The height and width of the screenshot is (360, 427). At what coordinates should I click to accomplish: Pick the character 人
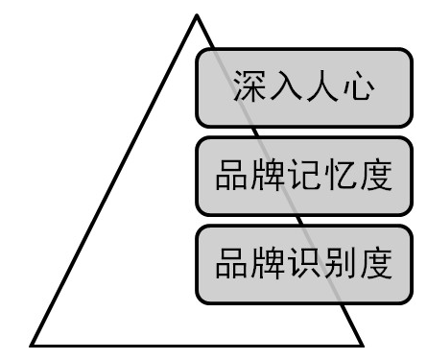(322, 87)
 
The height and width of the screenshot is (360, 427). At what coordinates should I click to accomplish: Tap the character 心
(359, 87)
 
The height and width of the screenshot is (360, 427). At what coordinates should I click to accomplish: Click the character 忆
(339, 177)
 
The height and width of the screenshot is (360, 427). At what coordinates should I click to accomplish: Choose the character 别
(339, 263)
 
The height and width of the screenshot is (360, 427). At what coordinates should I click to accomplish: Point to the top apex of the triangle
(197, 15)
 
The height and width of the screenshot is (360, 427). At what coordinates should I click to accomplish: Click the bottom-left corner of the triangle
(32, 345)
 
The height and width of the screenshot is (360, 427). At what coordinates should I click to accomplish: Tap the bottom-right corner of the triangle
(364, 345)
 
